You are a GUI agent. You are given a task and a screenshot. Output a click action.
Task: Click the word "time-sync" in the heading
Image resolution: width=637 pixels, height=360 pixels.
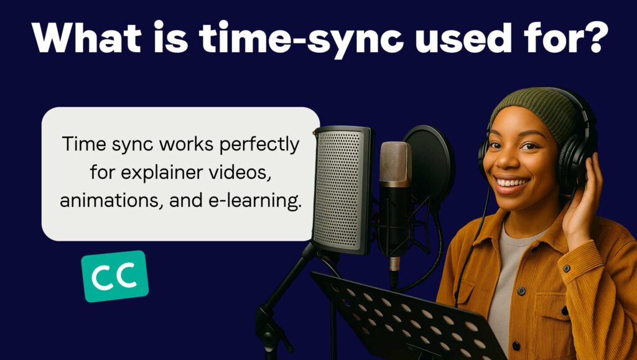(301, 38)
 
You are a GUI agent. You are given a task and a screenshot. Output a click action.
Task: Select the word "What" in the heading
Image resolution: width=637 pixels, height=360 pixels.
(86, 37)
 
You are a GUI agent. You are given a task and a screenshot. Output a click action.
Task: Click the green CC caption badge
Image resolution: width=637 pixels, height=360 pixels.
(115, 276)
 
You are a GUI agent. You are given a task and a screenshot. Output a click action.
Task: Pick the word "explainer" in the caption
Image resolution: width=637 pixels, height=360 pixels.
(163, 173)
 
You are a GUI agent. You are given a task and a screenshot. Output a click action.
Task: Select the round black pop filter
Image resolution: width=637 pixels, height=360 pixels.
(429, 162)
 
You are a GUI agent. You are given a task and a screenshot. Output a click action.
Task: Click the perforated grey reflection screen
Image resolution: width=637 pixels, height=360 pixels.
(342, 190)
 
